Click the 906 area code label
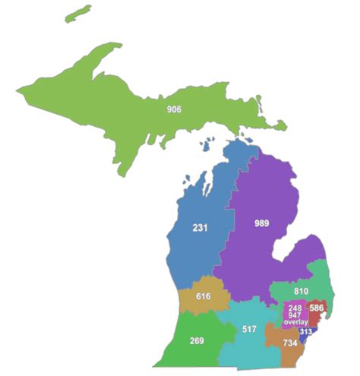[x=174, y=109]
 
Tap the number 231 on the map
[x=200, y=228]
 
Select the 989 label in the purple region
[x=261, y=223]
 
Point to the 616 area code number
[x=203, y=296]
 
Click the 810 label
[x=300, y=291]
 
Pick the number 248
[x=295, y=308]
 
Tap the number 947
[x=295, y=315]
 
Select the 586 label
[x=316, y=308]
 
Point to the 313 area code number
[x=305, y=331]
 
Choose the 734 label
[x=289, y=343]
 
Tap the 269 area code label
[x=197, y=340]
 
